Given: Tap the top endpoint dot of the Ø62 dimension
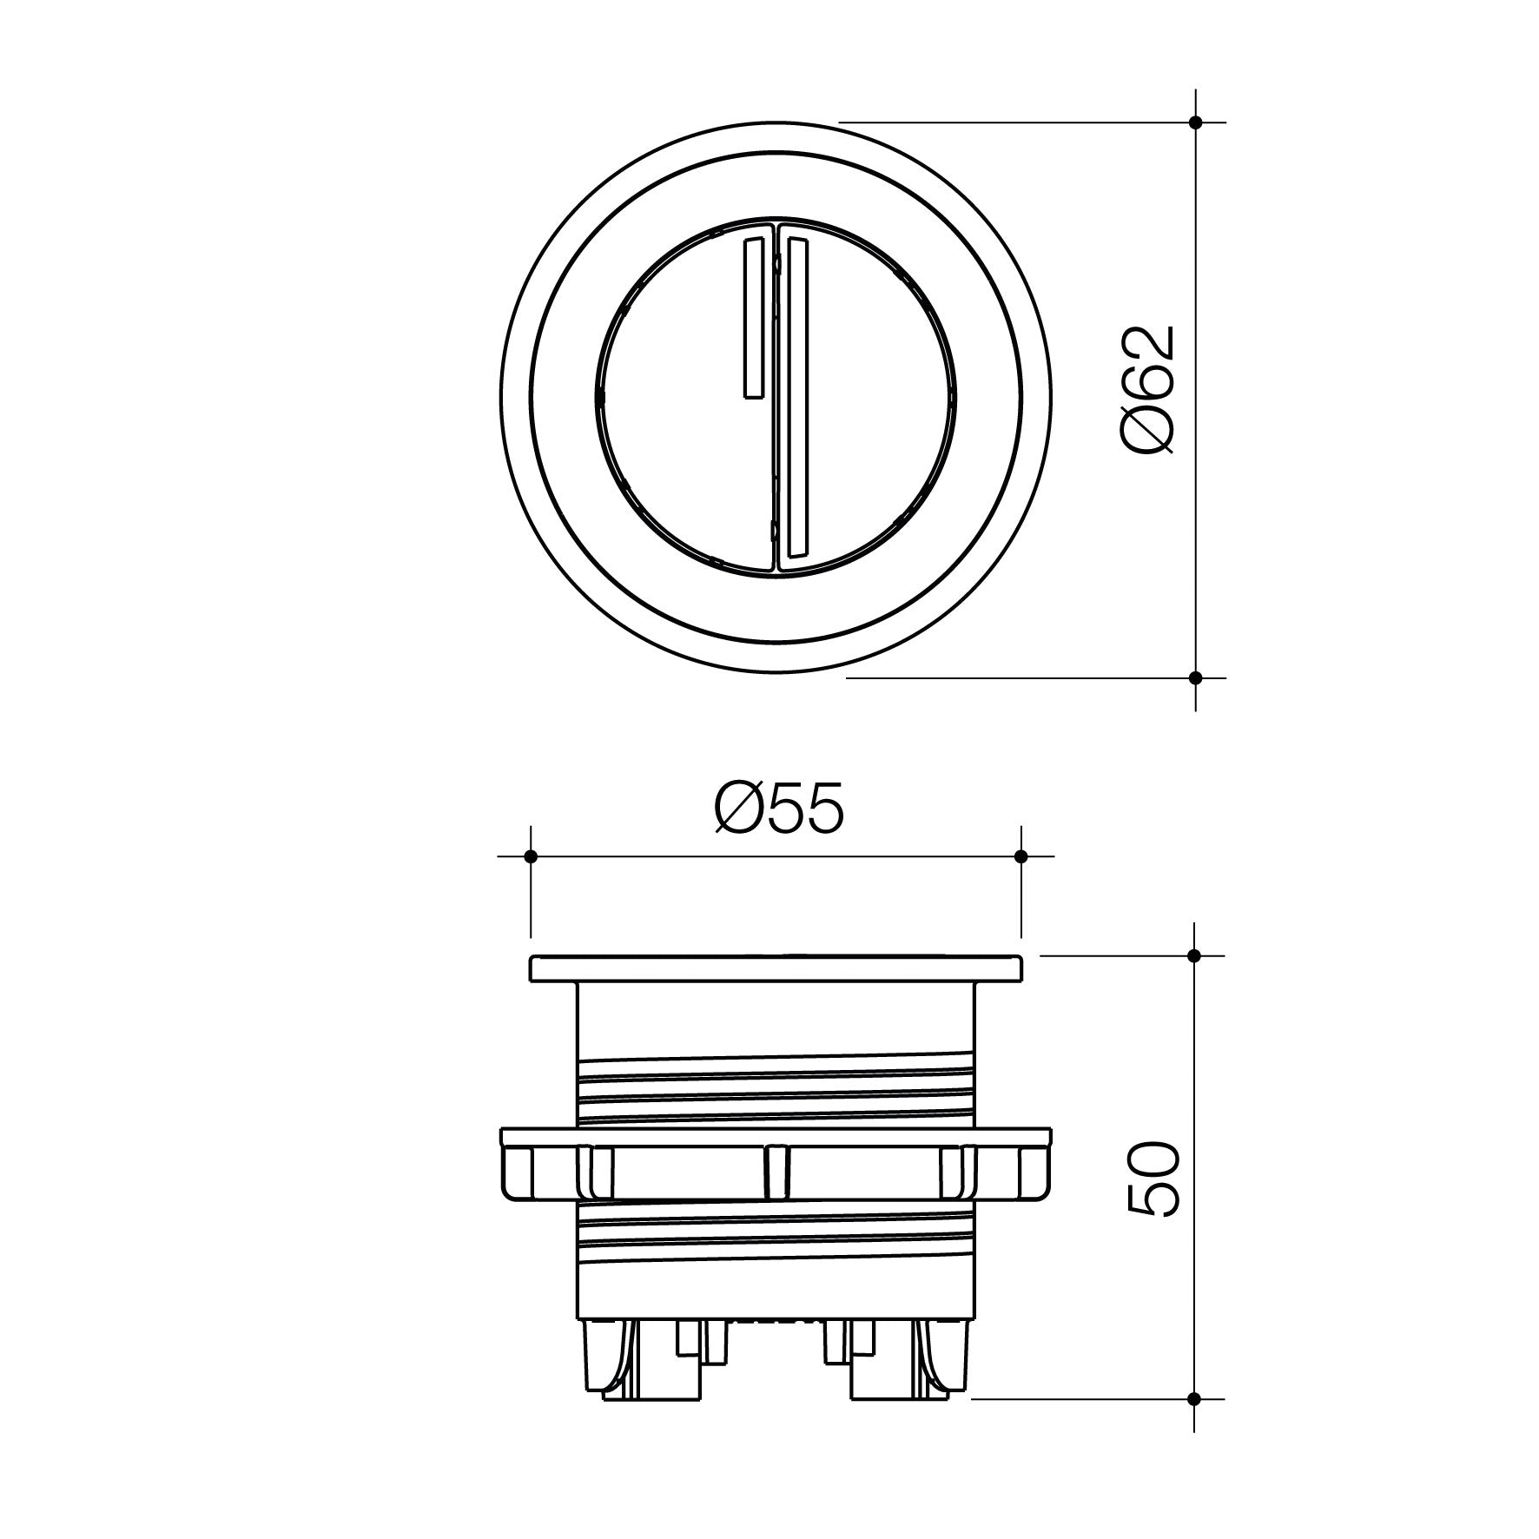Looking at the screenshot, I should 1195,122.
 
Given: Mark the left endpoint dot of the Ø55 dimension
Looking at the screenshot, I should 531,856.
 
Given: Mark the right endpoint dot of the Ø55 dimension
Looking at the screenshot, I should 1021,856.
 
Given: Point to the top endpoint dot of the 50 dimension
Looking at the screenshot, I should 1194,955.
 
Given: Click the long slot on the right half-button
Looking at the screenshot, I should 796,400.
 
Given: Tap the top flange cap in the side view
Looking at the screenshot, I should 776,968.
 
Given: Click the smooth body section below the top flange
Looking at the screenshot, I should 776,1020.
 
